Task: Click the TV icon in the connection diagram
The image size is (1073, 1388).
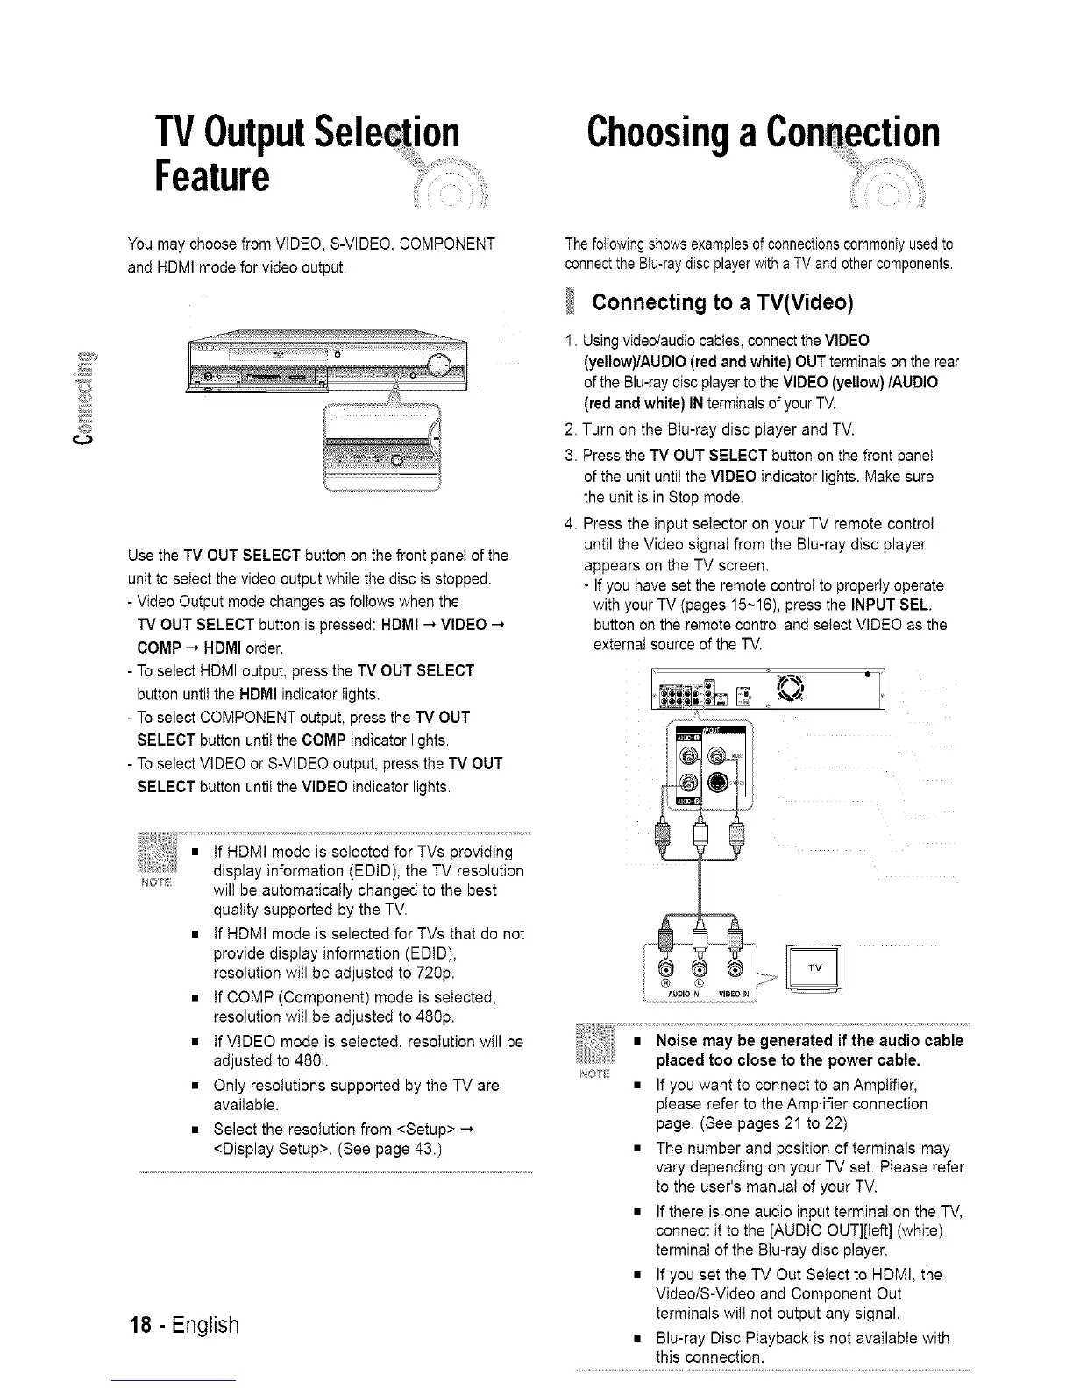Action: click(x=814, y=968)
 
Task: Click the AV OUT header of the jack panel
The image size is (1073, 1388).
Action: click(x=707, y=731)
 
